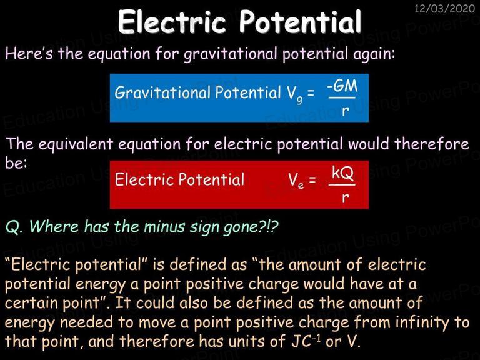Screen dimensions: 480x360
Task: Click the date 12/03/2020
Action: pyautogui.click(x=444, y=8)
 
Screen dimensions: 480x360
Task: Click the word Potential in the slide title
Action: pyautogui.click(x=300, y=22)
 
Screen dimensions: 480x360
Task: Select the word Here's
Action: pyautogui.click(x=29, y=53)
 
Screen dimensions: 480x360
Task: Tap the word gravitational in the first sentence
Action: pyautogui.click(x=230, y=54)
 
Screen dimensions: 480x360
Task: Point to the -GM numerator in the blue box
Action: pyautogui.click(x=342, y=86)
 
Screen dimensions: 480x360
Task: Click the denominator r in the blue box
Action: pyautogui.click(x=345, y=111)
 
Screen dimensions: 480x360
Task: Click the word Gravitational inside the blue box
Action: pyautogui.click(x=162, y=92)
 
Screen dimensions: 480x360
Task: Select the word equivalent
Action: pyautogui.click(x=76, y=144)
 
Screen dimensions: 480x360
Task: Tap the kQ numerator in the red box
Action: pyautogui.click(x=342, y=173)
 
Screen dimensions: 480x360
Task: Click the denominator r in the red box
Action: pyautogui.click(x=345, y=197)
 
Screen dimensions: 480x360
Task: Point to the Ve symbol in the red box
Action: pyautogui.click(x=296, y=181)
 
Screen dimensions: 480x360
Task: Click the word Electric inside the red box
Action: pyautogui.click(x=144, y=179)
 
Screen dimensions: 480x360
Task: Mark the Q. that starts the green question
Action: pyautogui.click(x=14, y=227)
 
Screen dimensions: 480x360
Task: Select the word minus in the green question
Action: pyautogui.click(x=164, y=227)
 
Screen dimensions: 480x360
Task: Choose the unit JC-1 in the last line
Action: pyautogui.click(x=306, y=341)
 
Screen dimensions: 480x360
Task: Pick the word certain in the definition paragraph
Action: pyautogui.click(x=31, y=303)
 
